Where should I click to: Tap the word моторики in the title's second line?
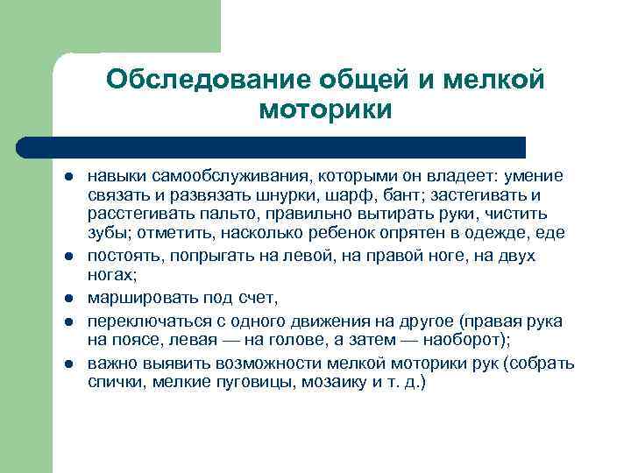click(x=326, y=111)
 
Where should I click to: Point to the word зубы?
click(x=107, y=234)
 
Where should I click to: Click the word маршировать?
click(x=138, y=298)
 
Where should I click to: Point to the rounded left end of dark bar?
click(x=24, y=146)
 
